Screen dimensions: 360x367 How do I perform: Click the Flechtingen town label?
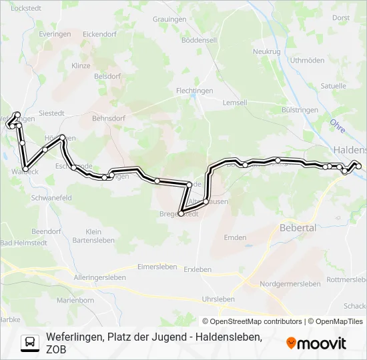coord(195,90)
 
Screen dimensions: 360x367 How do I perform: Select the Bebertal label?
coord(298,227)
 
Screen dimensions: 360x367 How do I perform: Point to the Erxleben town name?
coord(198,269)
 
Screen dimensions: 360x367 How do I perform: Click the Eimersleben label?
coord(157,267)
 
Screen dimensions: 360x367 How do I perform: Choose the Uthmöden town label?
coord(307,60)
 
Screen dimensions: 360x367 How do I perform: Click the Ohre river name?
coord(338,125)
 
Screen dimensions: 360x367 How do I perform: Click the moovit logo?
coord(316,343)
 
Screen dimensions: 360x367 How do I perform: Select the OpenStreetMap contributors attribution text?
coord(252,321)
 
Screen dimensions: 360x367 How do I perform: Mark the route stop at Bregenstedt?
coord(181,213)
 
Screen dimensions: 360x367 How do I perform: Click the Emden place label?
coord(235,237)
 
